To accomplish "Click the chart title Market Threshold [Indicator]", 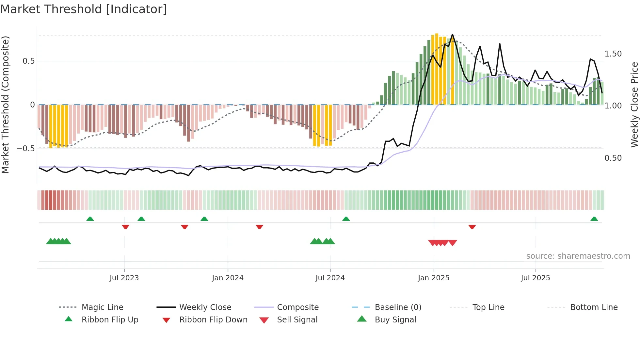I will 84,9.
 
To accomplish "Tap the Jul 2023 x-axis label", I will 124,278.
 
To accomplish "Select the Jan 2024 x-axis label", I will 228,278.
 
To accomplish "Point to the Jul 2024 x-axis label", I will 330,278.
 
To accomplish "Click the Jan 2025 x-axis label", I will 434,278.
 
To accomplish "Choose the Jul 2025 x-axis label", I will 536,278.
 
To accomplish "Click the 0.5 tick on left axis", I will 29,61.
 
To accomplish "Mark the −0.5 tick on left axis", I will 26,148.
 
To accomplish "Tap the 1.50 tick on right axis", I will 613,54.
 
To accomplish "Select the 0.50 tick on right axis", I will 613,158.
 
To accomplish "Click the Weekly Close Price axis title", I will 634,105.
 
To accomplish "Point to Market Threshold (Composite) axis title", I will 6,105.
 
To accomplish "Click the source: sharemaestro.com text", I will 578,256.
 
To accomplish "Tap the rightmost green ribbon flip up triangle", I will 594,219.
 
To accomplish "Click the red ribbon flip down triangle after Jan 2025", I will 472,227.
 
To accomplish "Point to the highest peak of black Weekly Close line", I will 452,35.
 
